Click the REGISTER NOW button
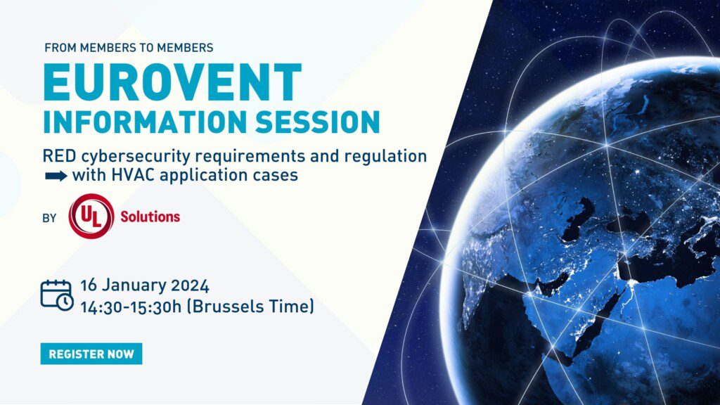click(x=91, y=354)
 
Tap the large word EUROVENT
click(x=172, y=83)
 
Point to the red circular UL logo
click(x=91, y=217)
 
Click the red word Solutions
click(x=150, y=217)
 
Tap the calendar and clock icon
click(x=56, y=294)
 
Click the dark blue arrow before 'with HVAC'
click(x=56, y=176)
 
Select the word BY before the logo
click(x=49, y=218)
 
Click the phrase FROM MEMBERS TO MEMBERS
click(x=129, y=48)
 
